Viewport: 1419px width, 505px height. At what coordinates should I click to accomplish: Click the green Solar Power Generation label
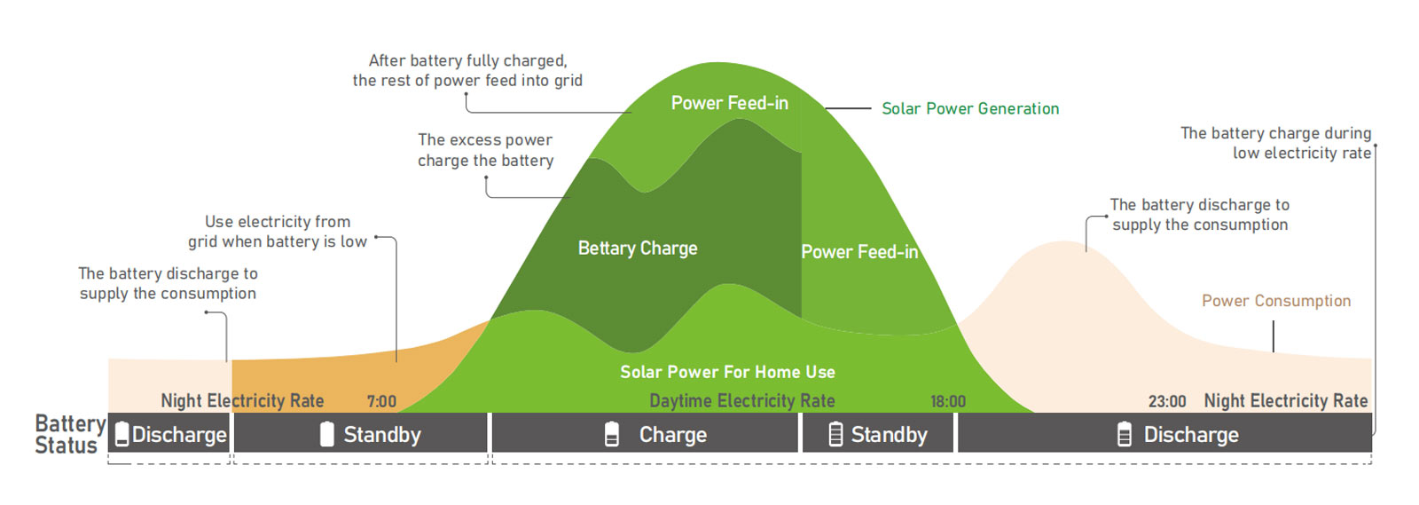pos(970,108)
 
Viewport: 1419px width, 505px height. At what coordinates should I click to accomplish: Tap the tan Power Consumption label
pos(1276,301)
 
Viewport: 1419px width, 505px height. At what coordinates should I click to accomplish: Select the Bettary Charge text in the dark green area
pos(638,249)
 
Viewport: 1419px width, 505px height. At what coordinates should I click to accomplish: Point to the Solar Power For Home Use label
pos(727,372)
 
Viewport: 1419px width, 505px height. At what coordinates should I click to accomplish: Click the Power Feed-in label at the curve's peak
pos(730,103)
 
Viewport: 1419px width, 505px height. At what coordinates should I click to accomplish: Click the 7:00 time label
pos(381,401)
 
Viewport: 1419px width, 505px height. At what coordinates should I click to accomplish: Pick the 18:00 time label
pos(948,401)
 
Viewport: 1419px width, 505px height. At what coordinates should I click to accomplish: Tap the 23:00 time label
pos(1167,401)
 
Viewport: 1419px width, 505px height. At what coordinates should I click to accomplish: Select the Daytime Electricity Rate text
pos(741,400)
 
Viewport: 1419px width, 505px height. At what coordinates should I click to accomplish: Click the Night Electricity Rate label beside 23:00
pos(1286,400)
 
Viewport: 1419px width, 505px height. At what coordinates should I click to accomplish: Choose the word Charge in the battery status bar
pos(673,435)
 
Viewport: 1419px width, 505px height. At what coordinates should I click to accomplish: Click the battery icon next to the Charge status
pos(611,435)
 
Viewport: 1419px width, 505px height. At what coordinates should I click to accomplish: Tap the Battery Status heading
pos(70,434)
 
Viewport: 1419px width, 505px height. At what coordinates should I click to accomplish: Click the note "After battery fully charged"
pos(467,70)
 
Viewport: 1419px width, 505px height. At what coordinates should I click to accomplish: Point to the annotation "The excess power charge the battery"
pos(485,150)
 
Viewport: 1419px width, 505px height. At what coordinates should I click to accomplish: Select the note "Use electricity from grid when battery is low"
pos(278,232)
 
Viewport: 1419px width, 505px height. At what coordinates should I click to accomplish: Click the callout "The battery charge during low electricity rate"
pos(1276,143)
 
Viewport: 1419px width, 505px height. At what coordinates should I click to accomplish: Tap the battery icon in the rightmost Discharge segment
pos(1124,435)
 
